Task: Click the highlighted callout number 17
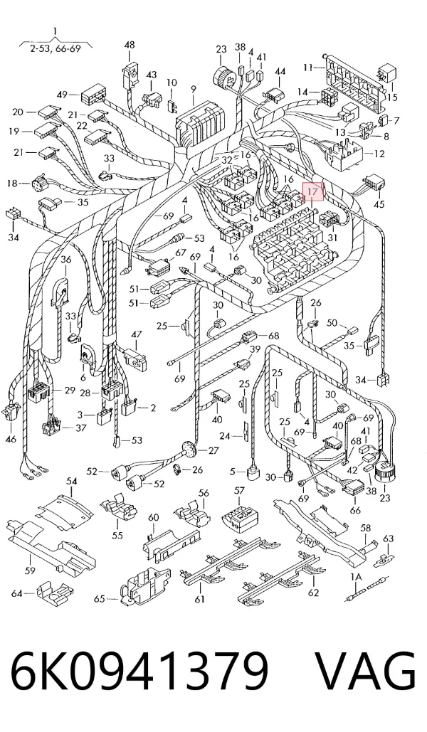(313, 191)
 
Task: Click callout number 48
(130, 46)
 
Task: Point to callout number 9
(193, 88)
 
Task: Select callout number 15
(392, 97)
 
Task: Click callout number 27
(213, 451)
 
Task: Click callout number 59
(30, 571)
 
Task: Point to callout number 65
(100, 598)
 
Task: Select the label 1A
(356, 578)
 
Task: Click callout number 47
(136, 334)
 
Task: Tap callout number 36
(66, 260)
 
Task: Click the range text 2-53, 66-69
(55, 48)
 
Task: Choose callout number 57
(239, 490)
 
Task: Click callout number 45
(379, 204)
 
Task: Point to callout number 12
(379, 154)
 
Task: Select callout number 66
(356, 510)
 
